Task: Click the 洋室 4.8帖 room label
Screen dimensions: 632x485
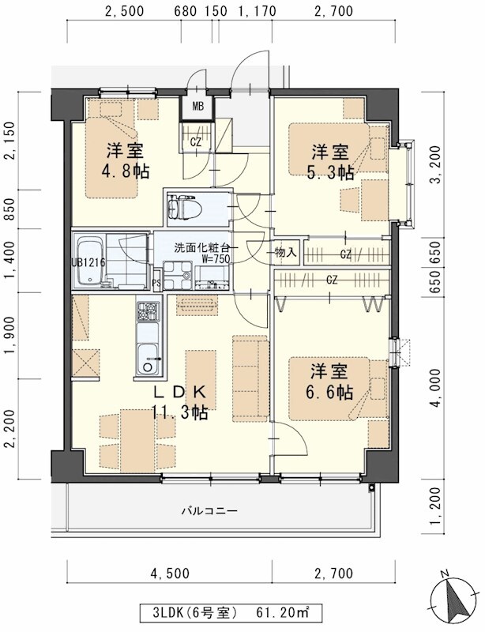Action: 125,160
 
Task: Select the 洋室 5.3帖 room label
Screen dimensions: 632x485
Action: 329,162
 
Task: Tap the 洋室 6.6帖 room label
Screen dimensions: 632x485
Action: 329,382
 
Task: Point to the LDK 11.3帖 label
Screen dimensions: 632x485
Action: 181,401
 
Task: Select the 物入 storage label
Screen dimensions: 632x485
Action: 286,253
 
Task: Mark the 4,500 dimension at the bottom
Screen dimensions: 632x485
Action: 170,573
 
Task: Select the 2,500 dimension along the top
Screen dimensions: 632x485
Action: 123,12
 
